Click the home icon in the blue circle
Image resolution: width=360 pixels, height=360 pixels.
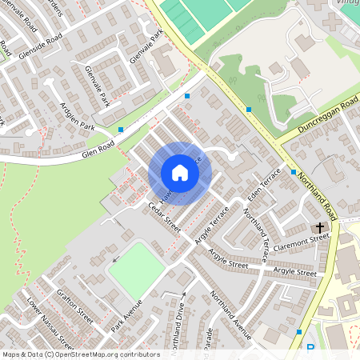[180, 173]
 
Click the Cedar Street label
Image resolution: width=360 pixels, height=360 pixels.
[165, 217]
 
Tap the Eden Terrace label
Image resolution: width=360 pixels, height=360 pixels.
[265, 185]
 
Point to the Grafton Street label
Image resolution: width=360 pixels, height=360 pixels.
[75, 306]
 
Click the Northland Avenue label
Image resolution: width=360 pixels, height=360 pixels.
[231, 315]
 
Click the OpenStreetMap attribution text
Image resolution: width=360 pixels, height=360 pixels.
[81, 354]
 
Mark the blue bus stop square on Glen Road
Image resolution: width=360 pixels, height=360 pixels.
[121, 129]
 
